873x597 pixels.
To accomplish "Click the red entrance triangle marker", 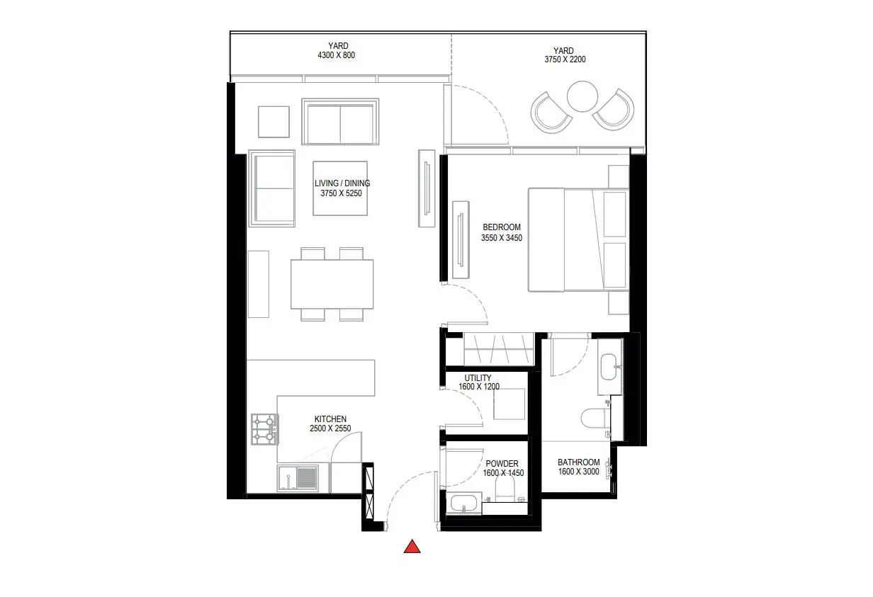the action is coord(412,547).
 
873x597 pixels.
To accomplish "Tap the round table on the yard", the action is coord(582,96).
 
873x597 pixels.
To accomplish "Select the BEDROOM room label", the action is coord(502,227).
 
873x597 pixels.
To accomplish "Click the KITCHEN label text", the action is coord(330,419).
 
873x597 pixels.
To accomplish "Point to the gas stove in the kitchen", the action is coord(264,429).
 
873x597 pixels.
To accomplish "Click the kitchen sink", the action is coord(298,478).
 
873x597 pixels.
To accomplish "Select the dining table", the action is coord(332,284).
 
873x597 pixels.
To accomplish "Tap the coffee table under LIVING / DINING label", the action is coord(340,188).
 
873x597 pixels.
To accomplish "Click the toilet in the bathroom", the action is coord(595,419).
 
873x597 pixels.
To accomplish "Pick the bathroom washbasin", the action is coord(610,366).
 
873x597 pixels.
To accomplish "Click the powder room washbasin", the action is coord(463,503).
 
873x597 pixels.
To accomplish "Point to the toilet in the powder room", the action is coord(505,487).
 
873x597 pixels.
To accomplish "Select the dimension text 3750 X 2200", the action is coord(565,59).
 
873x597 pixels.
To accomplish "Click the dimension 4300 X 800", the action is coord(337,55).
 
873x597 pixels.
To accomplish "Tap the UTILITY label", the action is coord(478,377).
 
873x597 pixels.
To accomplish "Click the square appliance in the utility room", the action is coord(509,404).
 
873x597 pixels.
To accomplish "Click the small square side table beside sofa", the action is coord(274,122).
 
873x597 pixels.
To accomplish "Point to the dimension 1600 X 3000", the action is coord(578,472).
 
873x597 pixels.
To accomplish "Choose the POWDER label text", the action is coord(502,464).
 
